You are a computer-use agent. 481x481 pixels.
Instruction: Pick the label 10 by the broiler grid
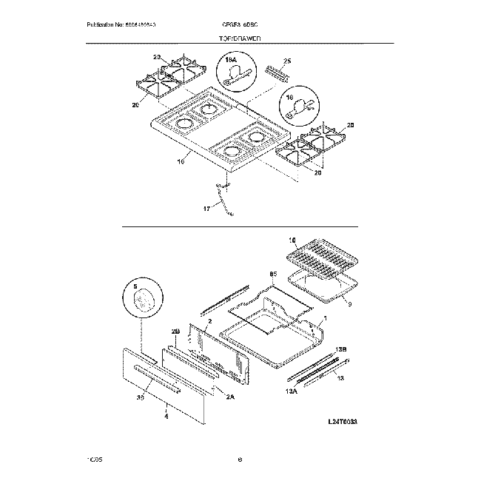291,240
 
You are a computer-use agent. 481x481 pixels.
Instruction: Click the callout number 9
349,303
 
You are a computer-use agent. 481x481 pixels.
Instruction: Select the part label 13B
341,348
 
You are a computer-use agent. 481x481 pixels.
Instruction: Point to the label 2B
175,331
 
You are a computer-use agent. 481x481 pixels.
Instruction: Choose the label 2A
229,397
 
